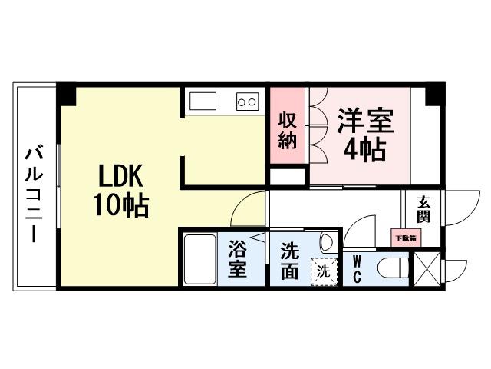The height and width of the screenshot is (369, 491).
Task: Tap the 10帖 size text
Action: pos(120,206)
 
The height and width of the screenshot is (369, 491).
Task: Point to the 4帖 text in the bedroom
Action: pos(364,148)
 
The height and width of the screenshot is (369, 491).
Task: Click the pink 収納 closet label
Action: pos(288,130)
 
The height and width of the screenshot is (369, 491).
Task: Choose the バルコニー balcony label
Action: pos(34,193)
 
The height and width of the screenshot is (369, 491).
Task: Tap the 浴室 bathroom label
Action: pos(238,260)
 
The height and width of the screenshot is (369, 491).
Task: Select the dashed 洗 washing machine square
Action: pos(324,271)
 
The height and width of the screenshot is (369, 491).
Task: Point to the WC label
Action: pos(357,266)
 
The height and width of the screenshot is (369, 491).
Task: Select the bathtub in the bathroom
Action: pos(201,260)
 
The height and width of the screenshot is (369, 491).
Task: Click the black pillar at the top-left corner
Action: pos(66,95)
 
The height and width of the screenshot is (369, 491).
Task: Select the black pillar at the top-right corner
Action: pos(435,95)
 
